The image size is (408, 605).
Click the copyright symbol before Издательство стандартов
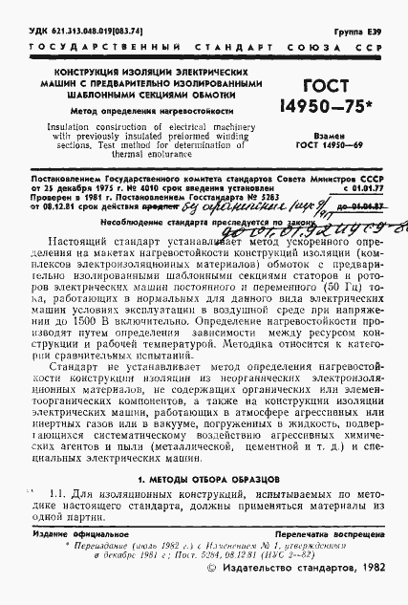click(212, 594)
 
